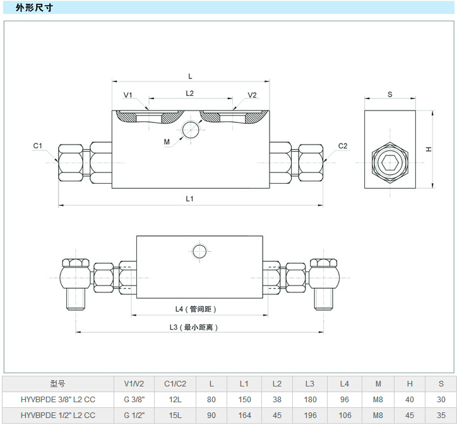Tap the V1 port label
pos(128,95)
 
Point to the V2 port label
pos(252,95)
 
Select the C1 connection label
pos(38,147)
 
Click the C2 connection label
pos(343,147)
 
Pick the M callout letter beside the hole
pos(167,142)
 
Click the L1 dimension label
pos(189,198)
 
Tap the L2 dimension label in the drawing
pos(189,93)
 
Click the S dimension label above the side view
pos(390,95)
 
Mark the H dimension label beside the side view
pos(429,150)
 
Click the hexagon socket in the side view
pos(389,163)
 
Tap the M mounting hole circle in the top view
pos(190,130)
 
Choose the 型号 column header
pos(57,383)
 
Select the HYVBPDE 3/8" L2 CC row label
pos(57,399)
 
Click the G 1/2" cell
pos(134,416)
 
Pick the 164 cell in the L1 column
pos(244,416)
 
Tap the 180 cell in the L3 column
pos(310,399)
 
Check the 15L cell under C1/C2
pos(175,416)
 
